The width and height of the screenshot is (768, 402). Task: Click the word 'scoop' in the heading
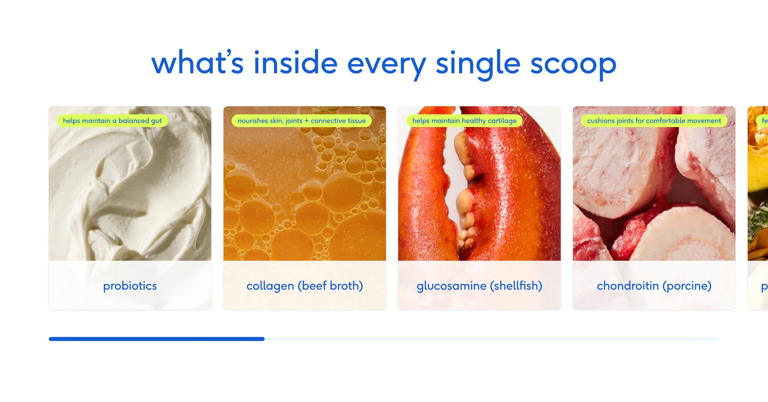click(573, 63)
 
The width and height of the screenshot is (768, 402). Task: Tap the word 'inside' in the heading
click(295, 63)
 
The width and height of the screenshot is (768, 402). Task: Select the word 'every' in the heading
click(386, 64)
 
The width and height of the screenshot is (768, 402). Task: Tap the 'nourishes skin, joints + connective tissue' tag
click(301, 121)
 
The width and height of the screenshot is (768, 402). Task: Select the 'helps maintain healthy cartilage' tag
click(464, 121)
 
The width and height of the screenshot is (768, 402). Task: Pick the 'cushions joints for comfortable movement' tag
click(654, 121)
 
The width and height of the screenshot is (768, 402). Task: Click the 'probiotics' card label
click(130, 286)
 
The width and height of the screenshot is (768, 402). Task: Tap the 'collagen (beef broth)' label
click(305, 286)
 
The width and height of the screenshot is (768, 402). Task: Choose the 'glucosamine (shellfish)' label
click(479, 286)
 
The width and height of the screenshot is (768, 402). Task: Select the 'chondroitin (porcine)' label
click(654, 286)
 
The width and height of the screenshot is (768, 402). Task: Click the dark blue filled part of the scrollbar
click(156, 339)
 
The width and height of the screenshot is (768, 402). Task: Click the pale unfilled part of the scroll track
click(492, 339)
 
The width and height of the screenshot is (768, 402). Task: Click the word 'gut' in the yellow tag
click(156, 121)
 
